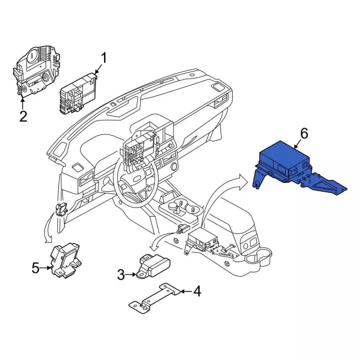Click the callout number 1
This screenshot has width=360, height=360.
coord(103,57)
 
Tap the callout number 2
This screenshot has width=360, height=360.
coord(23,116)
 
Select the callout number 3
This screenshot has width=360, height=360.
coord(121,274)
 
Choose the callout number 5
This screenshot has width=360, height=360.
coord(35,268)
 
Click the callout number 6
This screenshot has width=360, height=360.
coord(304,133)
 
